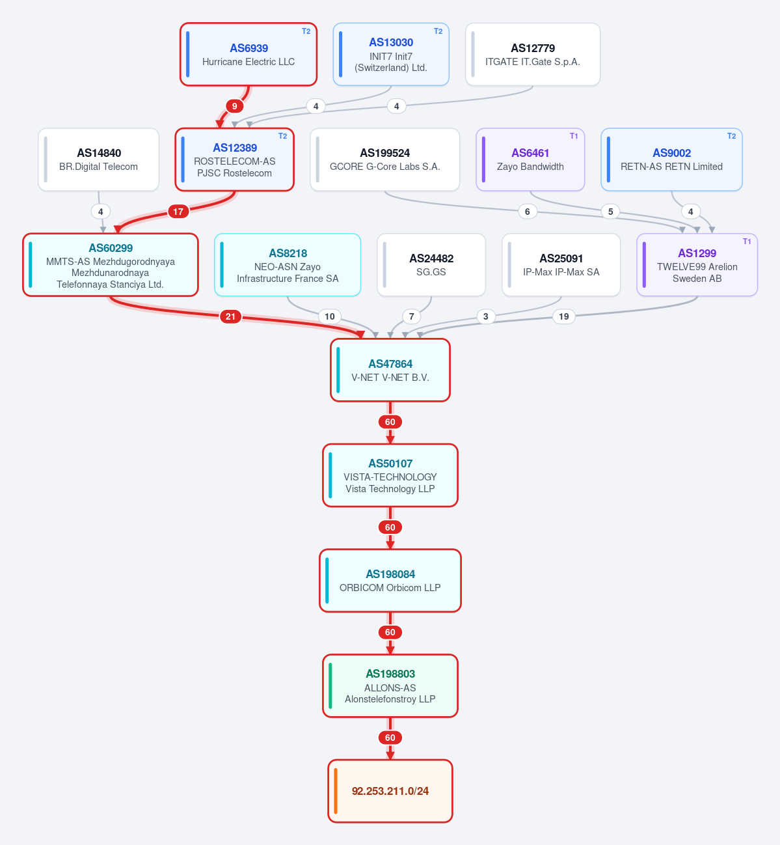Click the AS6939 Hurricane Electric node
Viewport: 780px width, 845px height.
249,55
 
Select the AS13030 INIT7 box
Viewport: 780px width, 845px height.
391,55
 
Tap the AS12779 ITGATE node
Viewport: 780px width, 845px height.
533,55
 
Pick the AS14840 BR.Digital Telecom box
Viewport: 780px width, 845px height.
99,159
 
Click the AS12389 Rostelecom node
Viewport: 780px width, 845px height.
234,159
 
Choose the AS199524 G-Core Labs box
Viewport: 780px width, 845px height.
385,159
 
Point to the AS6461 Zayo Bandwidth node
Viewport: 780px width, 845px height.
530,159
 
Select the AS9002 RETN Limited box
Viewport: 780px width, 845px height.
671,159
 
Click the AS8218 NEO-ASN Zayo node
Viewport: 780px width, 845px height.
288,265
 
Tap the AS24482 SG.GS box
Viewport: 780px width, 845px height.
431,265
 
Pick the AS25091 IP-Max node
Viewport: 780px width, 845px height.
561,265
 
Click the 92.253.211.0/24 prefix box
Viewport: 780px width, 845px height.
390,791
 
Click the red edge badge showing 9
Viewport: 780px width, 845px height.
234,106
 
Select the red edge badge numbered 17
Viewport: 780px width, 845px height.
178,212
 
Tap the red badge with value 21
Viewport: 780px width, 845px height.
230,316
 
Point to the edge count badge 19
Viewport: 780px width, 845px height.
564,316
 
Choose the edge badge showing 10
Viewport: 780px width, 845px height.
330,316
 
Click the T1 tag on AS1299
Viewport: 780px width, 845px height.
747,242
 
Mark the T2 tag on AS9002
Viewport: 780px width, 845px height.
731,136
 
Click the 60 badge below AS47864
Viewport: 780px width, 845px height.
390,422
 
